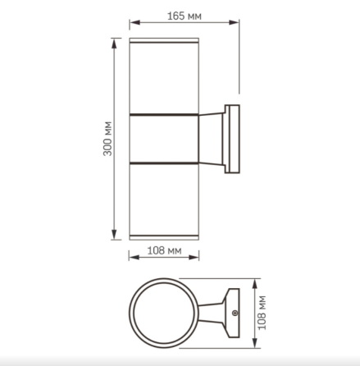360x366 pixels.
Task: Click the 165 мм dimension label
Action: (x=185, y=16)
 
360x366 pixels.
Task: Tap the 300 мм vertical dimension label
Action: (x=107, y=140)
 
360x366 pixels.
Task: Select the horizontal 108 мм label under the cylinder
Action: (x=164, y=252)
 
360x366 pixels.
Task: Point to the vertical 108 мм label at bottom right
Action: (x=264, y=313)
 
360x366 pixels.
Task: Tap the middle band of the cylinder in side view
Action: (x=164, y=138)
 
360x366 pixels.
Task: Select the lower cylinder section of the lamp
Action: (x=164, y=201)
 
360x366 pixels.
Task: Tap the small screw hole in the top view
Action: (x=235, y=313)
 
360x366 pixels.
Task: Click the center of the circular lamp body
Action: (x=164, y=313)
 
